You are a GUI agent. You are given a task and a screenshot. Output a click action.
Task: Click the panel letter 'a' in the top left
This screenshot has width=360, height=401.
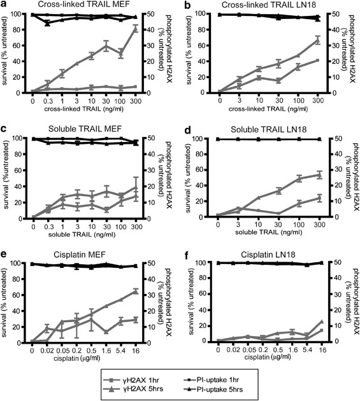click(4, 5)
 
